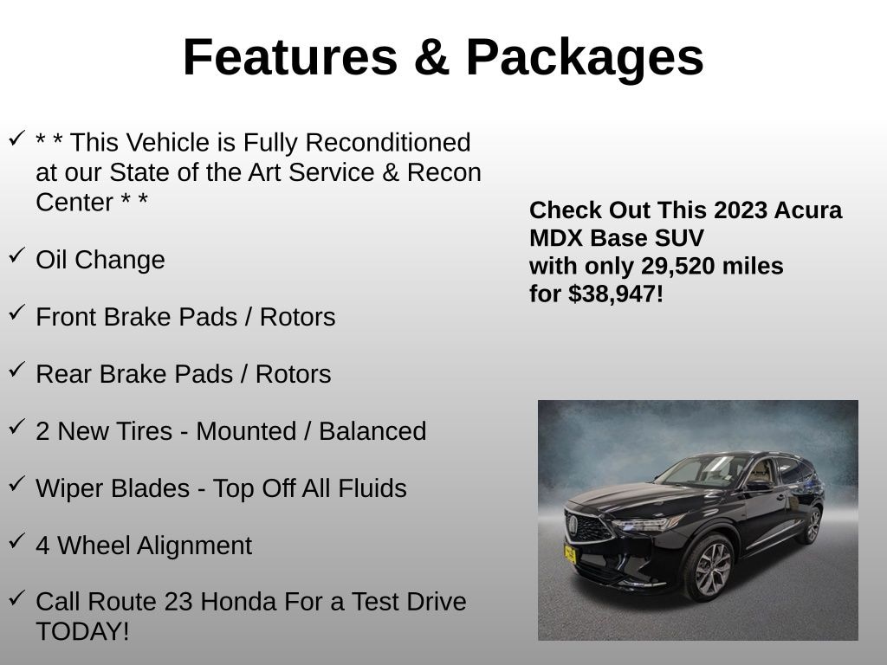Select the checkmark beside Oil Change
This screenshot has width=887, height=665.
[16, 255]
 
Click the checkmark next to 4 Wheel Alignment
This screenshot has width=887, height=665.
[16, 540]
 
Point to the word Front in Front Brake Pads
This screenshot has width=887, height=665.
[67, 317]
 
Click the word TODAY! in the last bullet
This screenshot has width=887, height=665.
[82, 631]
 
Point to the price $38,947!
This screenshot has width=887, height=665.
[616, 294]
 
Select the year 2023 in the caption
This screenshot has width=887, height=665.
[740, 210]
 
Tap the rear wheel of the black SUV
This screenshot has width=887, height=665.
[812, 525]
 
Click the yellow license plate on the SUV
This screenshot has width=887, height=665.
[570, 553]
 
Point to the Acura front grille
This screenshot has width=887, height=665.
[588, 526]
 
